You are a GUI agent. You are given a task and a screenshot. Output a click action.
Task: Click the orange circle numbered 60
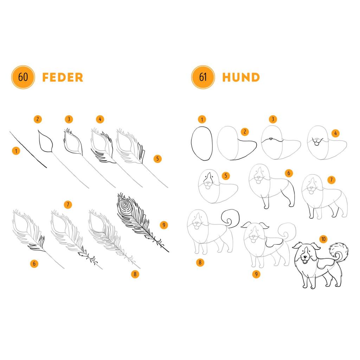(x=23, y=77)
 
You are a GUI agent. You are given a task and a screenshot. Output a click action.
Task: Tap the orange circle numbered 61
(x=203, y=77)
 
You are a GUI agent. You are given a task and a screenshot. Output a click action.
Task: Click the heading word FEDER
(x=63, y=77)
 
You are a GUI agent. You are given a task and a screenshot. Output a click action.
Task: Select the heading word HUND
(x=241, y=77)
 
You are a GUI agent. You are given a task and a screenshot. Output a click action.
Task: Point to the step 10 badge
(x=323, y=239)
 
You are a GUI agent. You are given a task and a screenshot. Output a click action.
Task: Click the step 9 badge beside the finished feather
(x=164, y=225)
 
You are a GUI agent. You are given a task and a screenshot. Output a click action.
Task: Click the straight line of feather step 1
(x=28, y=149)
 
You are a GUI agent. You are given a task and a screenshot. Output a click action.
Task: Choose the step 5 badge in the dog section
(x=226, y=176)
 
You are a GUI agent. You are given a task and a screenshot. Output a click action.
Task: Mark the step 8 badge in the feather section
(x=135, y=274)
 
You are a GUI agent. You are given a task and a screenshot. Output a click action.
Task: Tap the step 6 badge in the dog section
(x=289, y=173)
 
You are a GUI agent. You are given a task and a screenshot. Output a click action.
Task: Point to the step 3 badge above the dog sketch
(x=273, y=119)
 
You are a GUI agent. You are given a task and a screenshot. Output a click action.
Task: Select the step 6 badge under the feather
(x=34, y=264)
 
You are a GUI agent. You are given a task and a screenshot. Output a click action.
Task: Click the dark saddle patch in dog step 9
(x=274, y=242)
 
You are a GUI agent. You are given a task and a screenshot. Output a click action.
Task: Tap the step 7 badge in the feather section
(x=68, y=204)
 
